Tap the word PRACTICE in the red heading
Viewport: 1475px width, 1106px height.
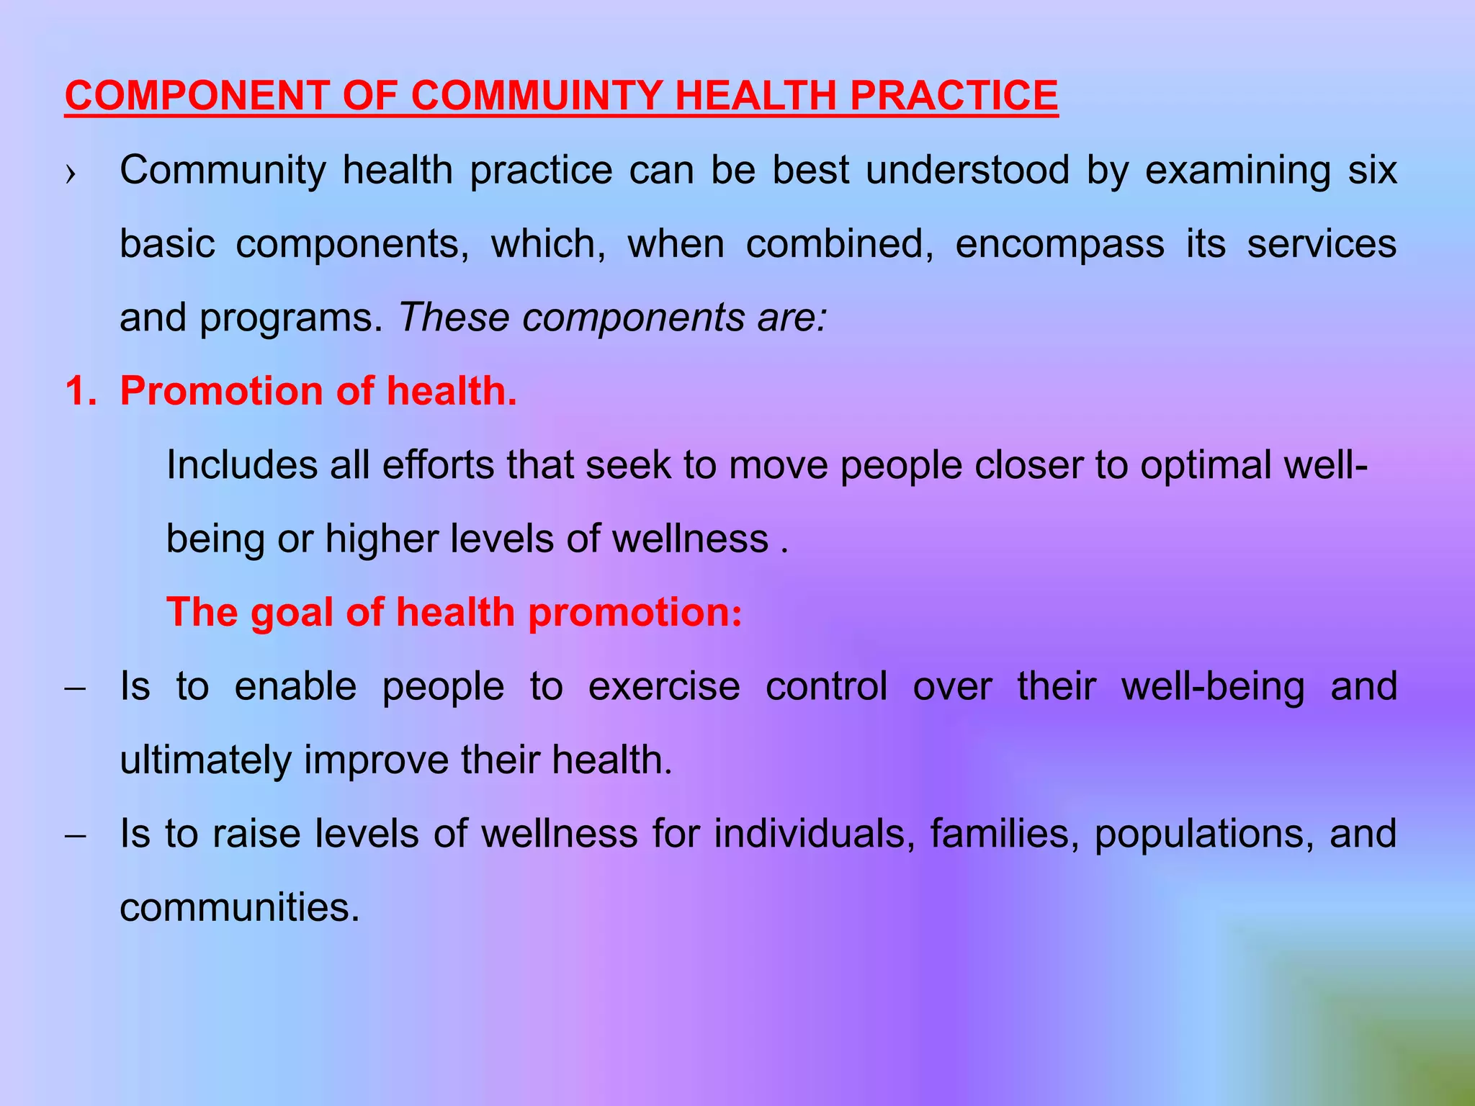tap(954, 95)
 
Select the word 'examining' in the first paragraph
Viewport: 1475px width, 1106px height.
tap(1237, 171)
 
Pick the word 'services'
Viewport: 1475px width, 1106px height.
tap(1322, 244)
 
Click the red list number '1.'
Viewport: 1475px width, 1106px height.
tap(80, 392)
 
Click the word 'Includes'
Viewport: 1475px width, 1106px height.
tap(241, 465)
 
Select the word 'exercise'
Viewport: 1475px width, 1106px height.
tap(664, 687)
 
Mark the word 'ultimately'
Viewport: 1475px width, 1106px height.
tap(205, 760)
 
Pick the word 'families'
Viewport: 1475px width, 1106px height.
tap(1005, 834)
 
